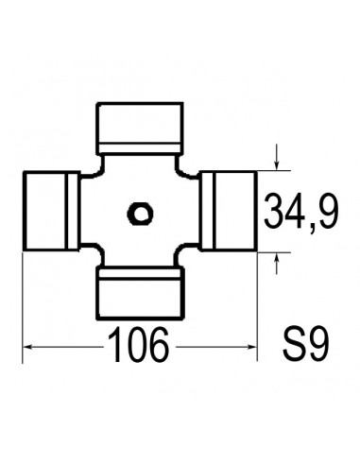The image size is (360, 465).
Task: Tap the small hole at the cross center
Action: (x=140, y=213)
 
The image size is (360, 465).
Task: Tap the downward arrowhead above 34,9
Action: (x=275, y=164)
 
